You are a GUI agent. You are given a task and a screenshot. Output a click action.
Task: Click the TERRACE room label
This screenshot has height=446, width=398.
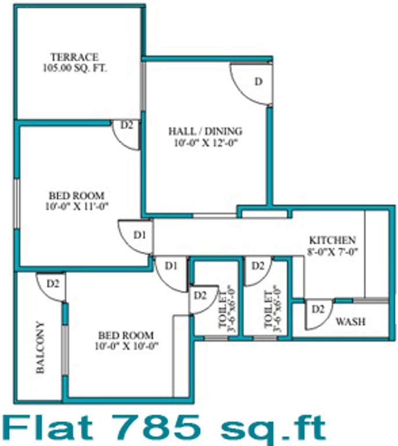[74, 57]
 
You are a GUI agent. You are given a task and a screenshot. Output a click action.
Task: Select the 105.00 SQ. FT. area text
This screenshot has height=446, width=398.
[74, 67]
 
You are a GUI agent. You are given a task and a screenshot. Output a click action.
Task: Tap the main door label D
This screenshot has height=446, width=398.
[259, 81]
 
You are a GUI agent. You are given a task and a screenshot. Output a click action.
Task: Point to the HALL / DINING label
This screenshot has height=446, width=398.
[205, 131]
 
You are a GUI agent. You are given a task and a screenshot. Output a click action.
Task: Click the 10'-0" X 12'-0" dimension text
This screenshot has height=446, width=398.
[205, 141]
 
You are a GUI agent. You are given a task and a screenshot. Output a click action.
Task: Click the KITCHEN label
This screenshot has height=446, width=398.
[332, 240]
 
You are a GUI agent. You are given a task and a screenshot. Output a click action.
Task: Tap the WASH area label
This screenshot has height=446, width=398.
[351, 321]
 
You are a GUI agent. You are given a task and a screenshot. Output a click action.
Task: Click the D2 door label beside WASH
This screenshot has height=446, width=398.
[317, 308]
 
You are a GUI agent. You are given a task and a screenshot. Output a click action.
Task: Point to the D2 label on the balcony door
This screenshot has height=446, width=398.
[53, 283]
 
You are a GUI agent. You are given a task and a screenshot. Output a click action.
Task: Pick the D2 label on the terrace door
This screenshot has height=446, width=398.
[126, 124]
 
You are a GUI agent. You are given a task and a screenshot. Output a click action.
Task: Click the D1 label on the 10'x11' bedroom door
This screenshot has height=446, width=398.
[139, 235]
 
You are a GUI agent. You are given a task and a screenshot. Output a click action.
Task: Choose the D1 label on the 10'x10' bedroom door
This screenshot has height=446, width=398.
[171, 266]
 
